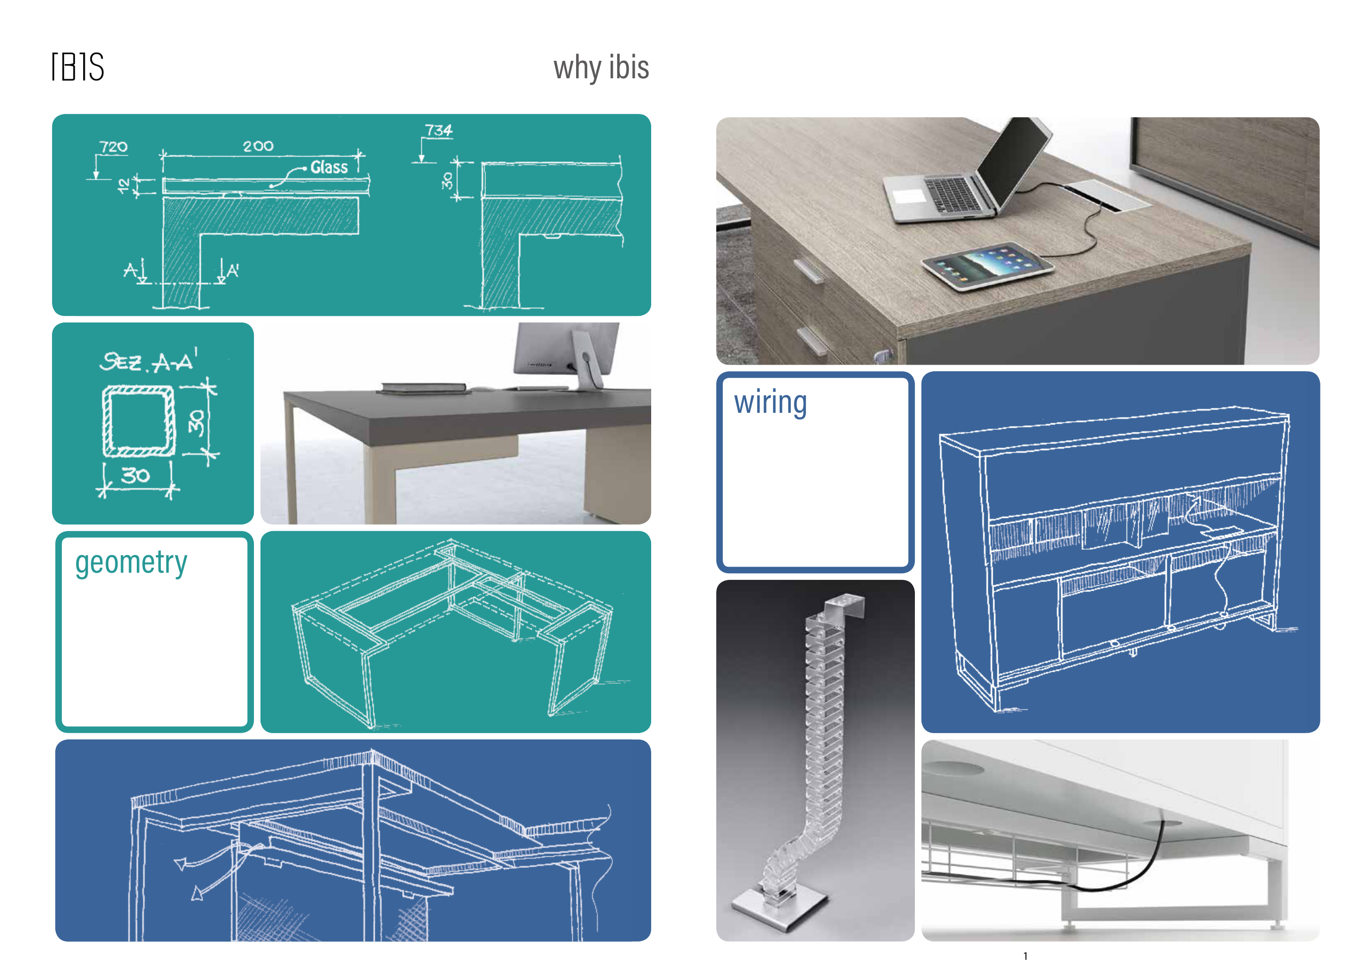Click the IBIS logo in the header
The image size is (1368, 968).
click(x=78, y=67)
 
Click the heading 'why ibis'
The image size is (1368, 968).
click(x=601, y=67)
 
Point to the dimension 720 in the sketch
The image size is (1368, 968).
click(x=113, y=147)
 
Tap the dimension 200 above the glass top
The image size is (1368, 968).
click(x=258, y=146)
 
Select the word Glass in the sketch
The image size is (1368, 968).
click(x=329, y=167)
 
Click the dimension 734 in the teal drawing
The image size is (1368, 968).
click(x=438, y=130)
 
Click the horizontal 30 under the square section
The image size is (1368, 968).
click(x=135, y=475)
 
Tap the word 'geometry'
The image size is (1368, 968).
click(x=131, y=562)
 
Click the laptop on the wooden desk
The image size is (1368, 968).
click(x=966, y=173)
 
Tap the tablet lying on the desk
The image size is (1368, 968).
click(x=987, y=266)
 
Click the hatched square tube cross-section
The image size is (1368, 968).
click(x=139, y=421)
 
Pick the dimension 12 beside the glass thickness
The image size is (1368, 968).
click(x=123, y=186)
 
